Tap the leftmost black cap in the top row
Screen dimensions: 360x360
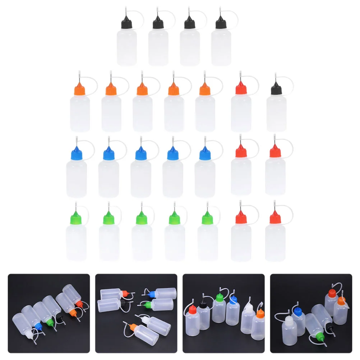(127, 23)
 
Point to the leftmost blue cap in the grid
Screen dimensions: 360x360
(77, 153)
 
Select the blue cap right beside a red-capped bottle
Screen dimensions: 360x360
(205, 153)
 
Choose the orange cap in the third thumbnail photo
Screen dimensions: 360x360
(259, 312)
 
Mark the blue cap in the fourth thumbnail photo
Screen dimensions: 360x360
(297, 309)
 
